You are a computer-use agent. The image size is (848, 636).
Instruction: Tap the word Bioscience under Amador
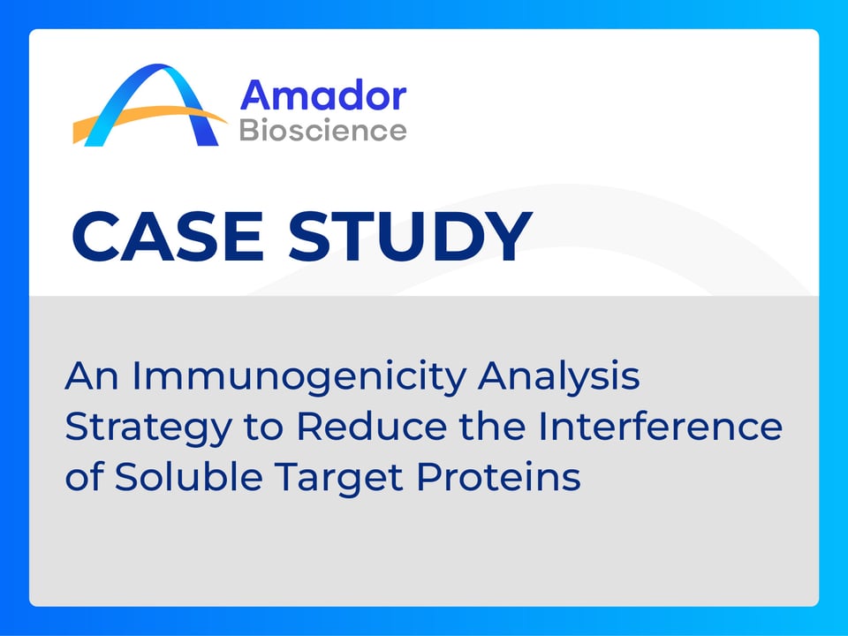322,131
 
